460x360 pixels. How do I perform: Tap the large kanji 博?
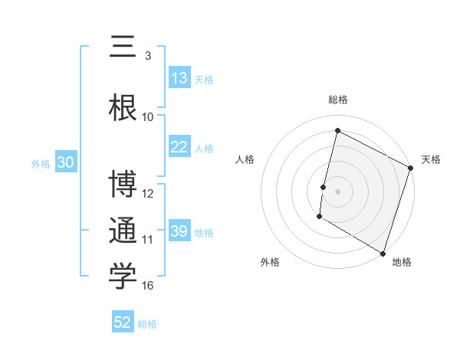pyautogui.click(x=123, y=185)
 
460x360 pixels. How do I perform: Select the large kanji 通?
pyautogui.click(x=123, y=231)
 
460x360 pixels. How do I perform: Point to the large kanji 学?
pyautogui.click(x=123, y=277)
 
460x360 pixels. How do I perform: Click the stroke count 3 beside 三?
pyautogui.click(x=148, y=56)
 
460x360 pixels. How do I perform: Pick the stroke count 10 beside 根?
pyautogui.click(x=148, y=116)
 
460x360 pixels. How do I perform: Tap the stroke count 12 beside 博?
pyautogui.click(x=148, y=194)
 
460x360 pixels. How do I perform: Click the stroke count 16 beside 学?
pyautogui.click(x=148, y=286)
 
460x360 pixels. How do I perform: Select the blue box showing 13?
pyautogui.click(x=179, y=78)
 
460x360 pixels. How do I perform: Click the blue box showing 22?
pyautogui.click(x=179, y=147)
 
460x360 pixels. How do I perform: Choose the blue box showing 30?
pyautogui.click(x=65, y=162)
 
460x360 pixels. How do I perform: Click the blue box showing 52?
pyautogui.click(x=123, y=322)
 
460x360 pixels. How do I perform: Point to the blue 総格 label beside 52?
pyautogui.click(x=147, y=324)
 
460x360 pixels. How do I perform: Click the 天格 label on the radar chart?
pyautogui.click(x=431, y=159)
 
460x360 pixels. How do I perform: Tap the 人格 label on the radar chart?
pyautogui.click(x=245, y=159)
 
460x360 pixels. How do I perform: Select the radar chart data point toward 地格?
pyautogui.click(x=383, y=252)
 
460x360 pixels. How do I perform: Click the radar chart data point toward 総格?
pyautogui.click(x=337, y=131)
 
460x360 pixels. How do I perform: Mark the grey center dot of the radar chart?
pyautogui.click(x=337, y=191)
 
